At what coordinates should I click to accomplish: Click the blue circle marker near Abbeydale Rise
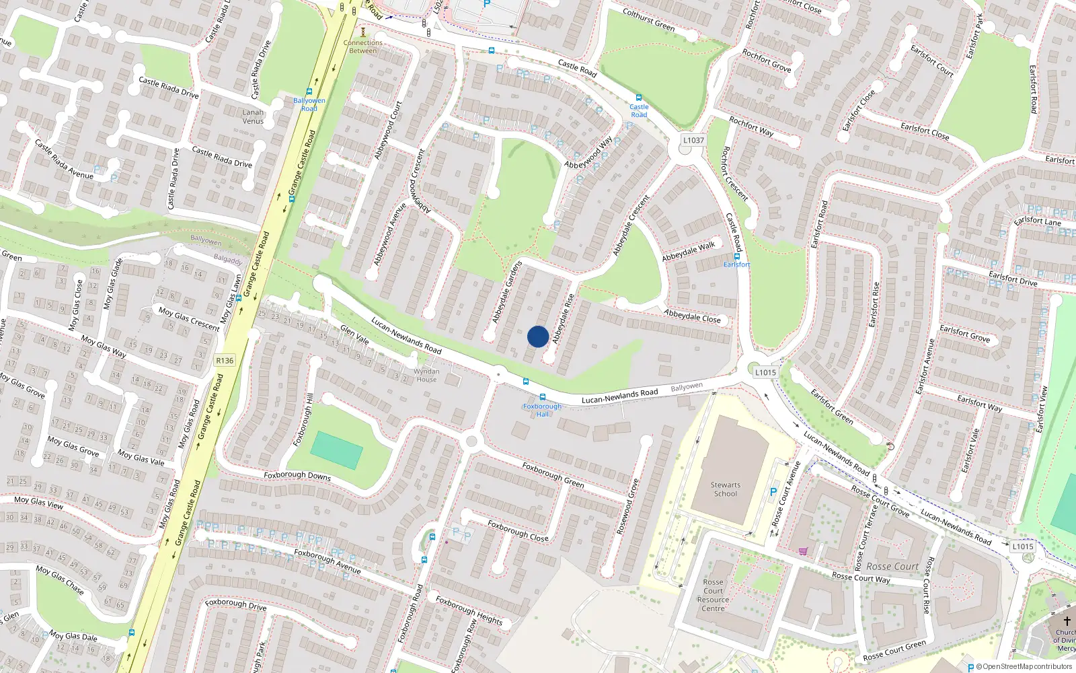538,336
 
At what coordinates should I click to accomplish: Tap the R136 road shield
225,361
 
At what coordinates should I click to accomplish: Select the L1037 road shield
693,141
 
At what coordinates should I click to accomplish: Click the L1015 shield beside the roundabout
765,372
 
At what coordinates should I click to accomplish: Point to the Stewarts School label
725,489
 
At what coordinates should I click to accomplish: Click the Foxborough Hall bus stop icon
543,398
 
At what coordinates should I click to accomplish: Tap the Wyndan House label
426,376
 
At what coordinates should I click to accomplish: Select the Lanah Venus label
253,116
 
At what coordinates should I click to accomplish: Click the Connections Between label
363,46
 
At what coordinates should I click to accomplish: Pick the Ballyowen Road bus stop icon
309,92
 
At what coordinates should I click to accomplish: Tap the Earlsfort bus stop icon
737,256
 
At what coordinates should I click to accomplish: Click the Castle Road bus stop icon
639,98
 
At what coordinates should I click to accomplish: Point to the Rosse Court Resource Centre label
713,595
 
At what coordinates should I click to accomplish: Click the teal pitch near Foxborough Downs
337,450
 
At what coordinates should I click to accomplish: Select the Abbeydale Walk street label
688,252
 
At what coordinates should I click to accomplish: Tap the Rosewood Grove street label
627,507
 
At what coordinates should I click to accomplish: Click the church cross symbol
1067,621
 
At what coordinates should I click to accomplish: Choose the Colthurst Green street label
648,20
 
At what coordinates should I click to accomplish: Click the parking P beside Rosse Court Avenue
773,492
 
